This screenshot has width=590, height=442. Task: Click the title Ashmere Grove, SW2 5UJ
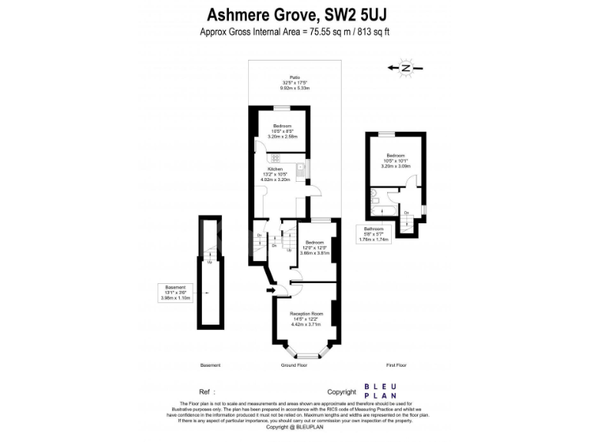coord(295,15)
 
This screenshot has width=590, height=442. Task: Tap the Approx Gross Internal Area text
coord(295,32)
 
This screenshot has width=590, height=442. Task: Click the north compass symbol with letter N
coord(406,68)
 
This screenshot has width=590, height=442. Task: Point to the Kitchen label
coord(275,169)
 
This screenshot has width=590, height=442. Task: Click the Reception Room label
coord(306,314)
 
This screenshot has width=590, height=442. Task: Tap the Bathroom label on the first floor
coord(373,229)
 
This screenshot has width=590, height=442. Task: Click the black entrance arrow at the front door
coord(269,290)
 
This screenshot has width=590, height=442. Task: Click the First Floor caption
coord(396,365)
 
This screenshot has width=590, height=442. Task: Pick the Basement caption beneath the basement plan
coord(210,365)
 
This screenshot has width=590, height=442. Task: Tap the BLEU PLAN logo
coord(380,391)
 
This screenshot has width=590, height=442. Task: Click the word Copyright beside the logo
coord(343,391)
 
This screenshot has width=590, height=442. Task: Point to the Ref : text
coord(207,391)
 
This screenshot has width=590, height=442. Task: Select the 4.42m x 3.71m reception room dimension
coord(306,324)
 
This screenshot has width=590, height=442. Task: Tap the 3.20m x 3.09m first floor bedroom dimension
coord(396,166)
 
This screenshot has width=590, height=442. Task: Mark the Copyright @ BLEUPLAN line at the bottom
coord(295,427)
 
